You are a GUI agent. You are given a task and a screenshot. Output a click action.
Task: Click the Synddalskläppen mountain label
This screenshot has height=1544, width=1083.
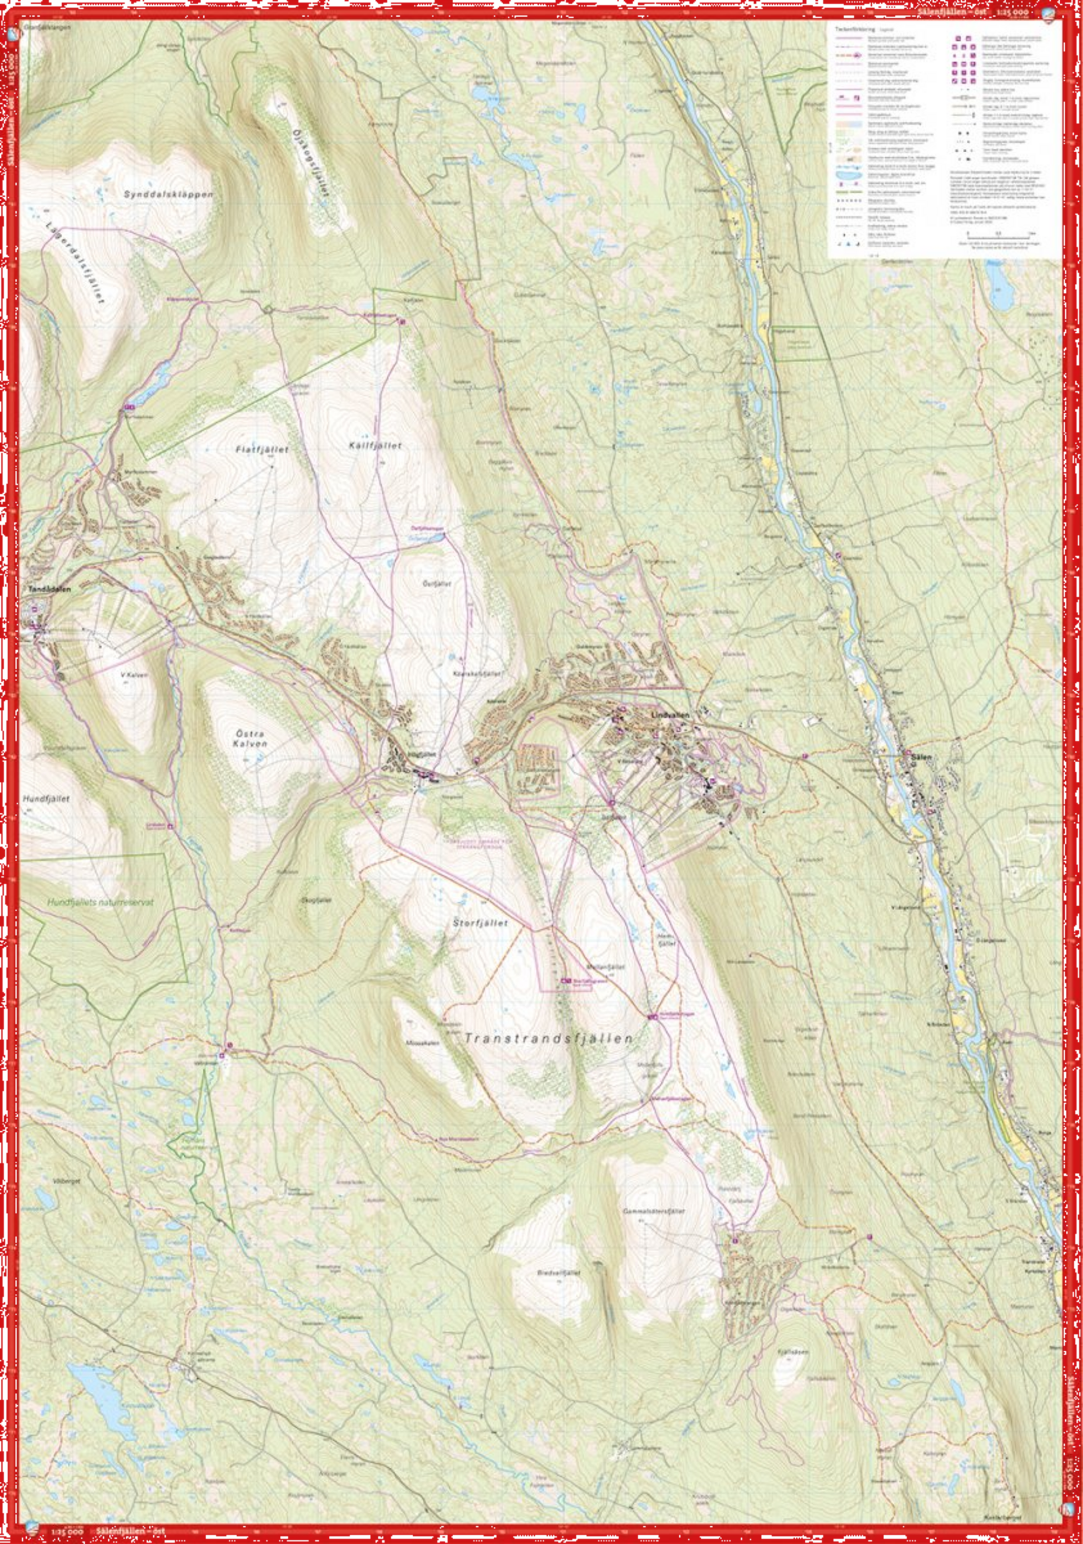pos(169,194)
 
